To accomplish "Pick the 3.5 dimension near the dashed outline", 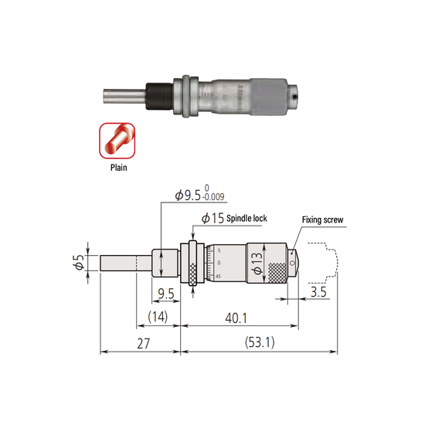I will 317,294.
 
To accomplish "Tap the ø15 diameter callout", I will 212,219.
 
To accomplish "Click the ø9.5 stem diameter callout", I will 190,197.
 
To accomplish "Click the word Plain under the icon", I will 117,165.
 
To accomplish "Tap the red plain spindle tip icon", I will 117,140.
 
